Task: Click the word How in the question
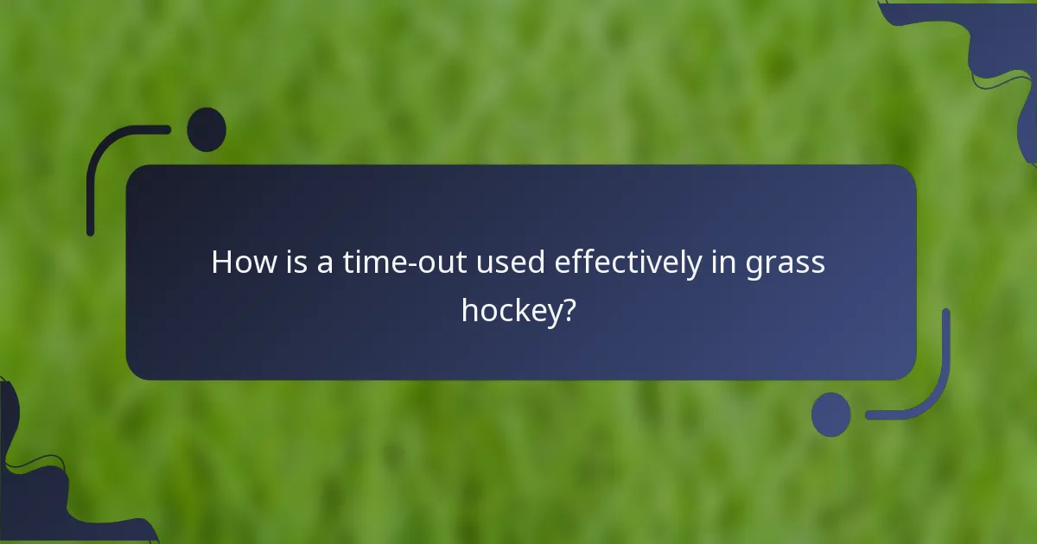click(239, 263)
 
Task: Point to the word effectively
click(628, 263)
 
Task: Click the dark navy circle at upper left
click(207, 130)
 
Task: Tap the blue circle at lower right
click(830, 414)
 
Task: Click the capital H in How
click(221, 263)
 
